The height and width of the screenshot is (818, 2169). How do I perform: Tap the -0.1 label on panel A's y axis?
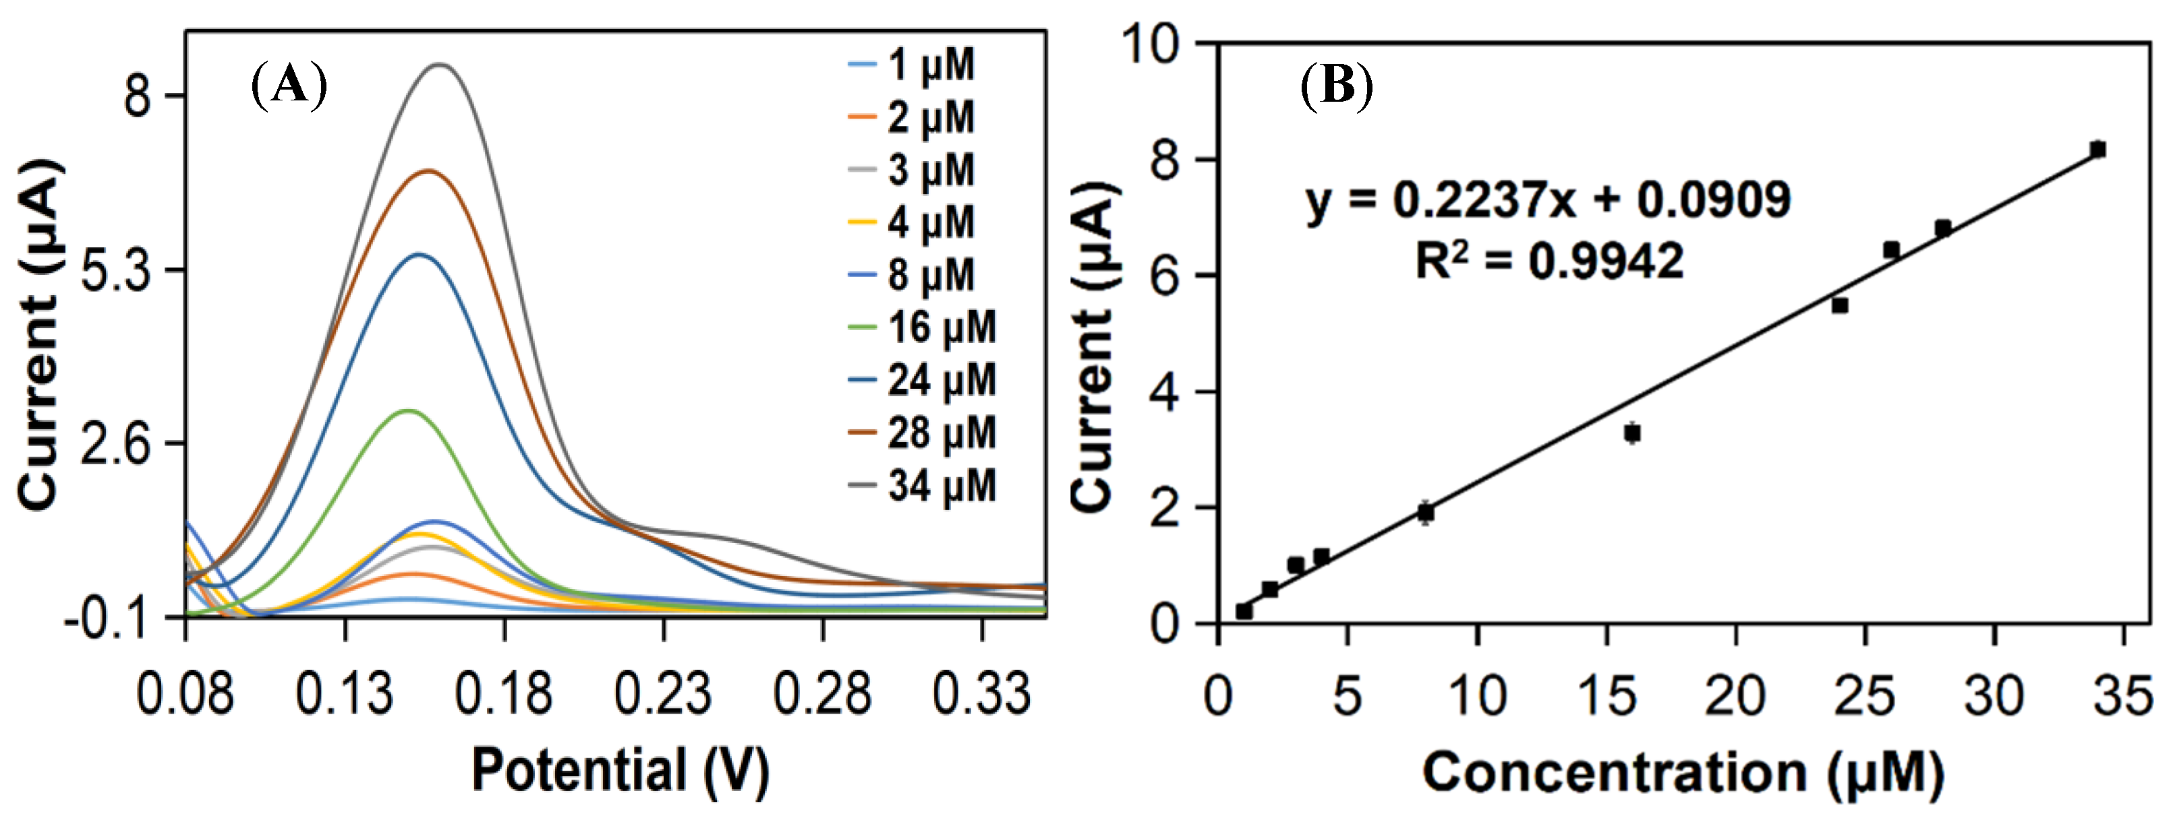(x=106, y=620)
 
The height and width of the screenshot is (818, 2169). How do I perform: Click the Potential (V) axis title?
(x=620, y=769)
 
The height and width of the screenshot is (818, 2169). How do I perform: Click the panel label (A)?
(x=289, y=85)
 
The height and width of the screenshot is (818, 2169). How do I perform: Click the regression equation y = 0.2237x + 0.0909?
(x=1549, y=200)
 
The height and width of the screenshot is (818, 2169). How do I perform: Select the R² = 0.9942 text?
(x=1549, y=260)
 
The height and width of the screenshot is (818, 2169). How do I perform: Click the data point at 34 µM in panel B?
(x=2098, y=150)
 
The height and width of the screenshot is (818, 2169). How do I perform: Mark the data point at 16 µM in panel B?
(x=1631, y=433)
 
